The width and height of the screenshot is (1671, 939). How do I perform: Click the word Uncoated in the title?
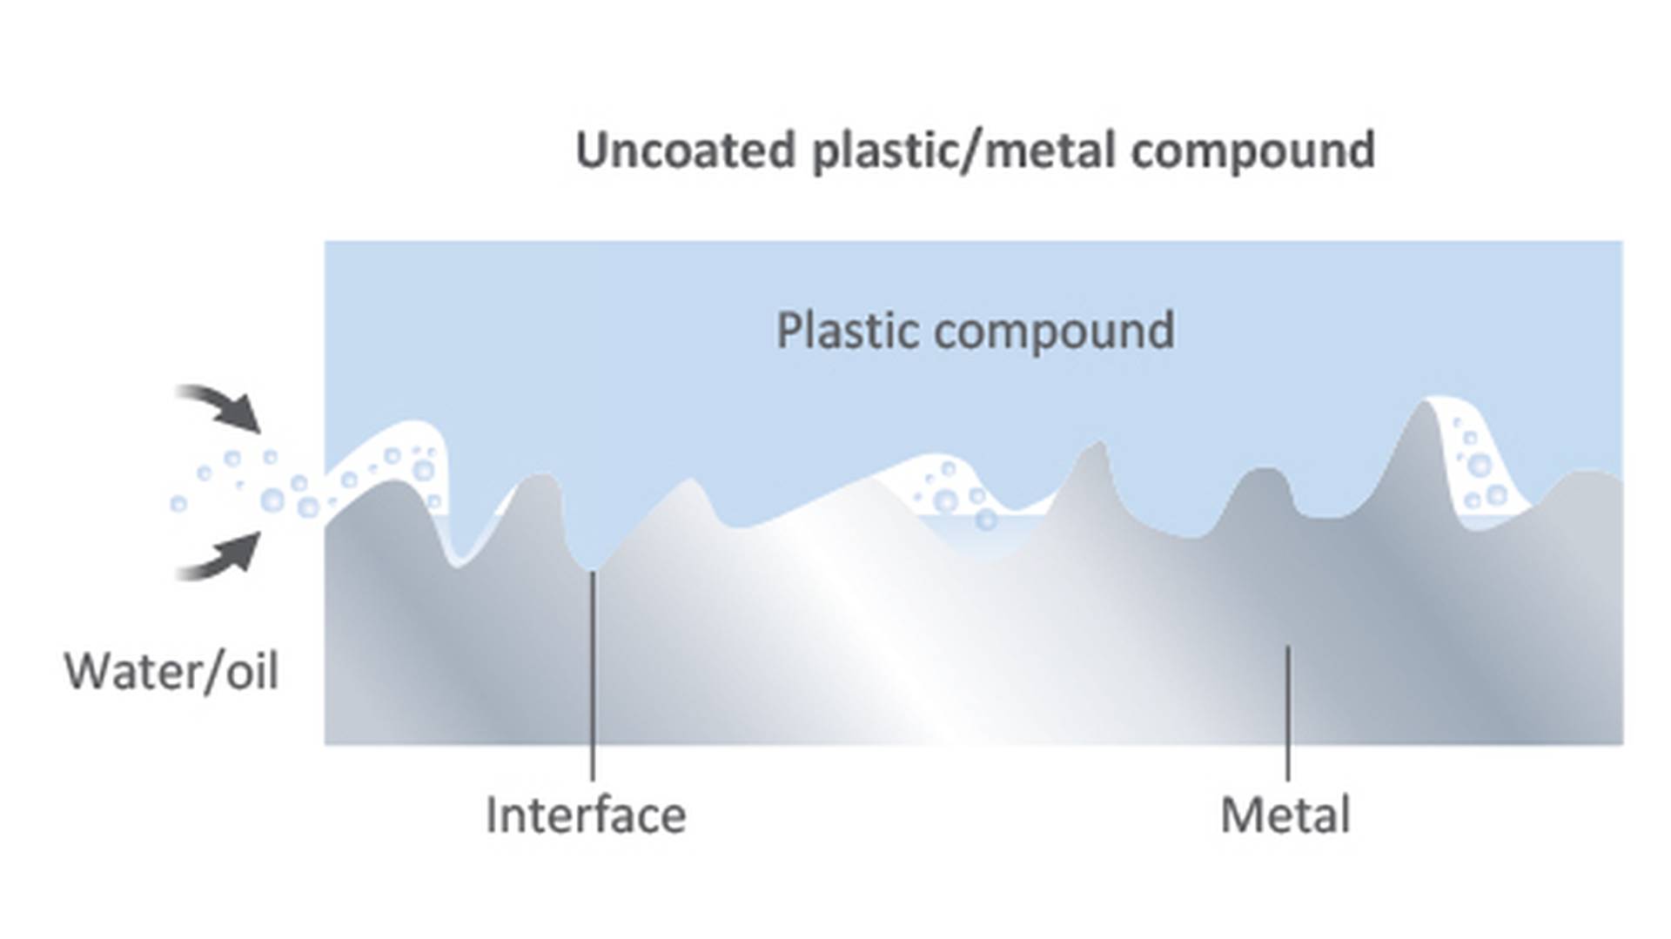click(x=685, y=150)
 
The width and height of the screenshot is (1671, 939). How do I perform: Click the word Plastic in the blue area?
click(x=846, y=332)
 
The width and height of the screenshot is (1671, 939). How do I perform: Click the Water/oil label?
click(x=171, y=672)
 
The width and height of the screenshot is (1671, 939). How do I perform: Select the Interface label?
click(x=586, y=815)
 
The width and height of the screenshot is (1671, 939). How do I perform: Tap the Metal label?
click(x=1285, y=815)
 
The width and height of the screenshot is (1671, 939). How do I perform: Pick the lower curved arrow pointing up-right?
click(x=223, y=557)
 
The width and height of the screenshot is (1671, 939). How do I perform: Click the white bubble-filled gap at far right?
click(x=1480, y=466)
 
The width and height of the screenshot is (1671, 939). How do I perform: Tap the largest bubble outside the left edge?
click(x=272, y=500)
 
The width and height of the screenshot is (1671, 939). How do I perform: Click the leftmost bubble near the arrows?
click(x=178, y=504)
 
